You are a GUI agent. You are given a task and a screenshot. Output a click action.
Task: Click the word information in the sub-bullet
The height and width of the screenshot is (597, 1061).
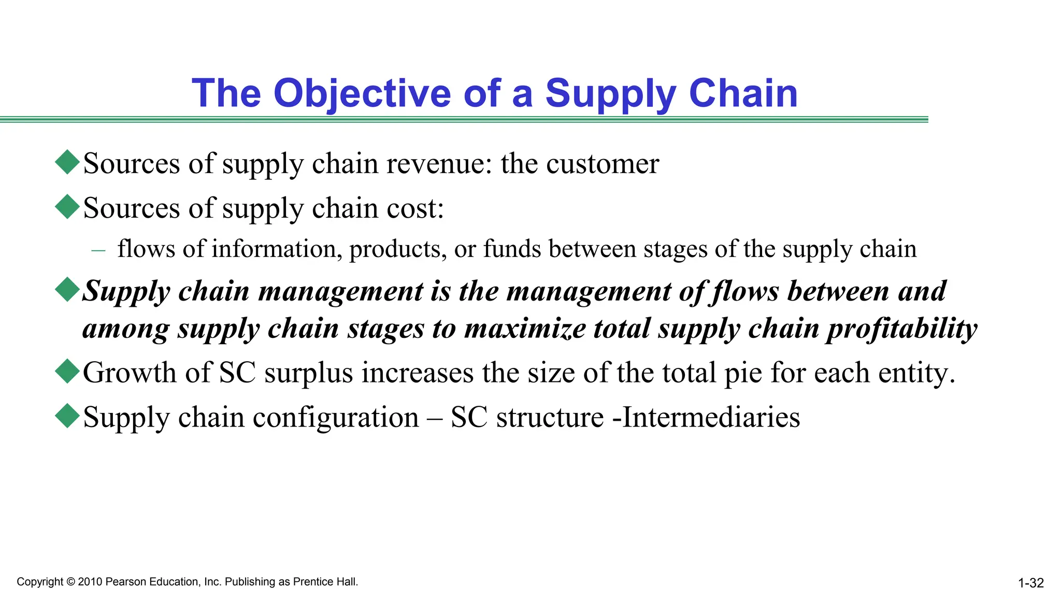point(277,249)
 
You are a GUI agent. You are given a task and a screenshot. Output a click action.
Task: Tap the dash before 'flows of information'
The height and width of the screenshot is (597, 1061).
point(98,250)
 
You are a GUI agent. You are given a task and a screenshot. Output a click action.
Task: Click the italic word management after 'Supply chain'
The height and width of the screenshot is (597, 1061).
point(340,291)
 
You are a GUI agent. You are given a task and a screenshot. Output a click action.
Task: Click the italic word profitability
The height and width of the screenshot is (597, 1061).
point(902,329)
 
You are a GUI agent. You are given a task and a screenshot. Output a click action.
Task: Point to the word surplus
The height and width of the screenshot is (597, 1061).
point(309,373)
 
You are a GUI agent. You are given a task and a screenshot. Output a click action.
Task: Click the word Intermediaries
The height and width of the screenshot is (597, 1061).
point(711,418)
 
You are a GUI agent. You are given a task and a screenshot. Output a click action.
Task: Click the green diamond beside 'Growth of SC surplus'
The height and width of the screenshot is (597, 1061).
point(67,372)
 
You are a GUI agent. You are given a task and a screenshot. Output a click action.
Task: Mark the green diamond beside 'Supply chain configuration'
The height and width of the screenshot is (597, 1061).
point(67,416)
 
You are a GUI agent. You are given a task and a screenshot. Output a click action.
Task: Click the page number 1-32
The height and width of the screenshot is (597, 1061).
point(1030,584)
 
